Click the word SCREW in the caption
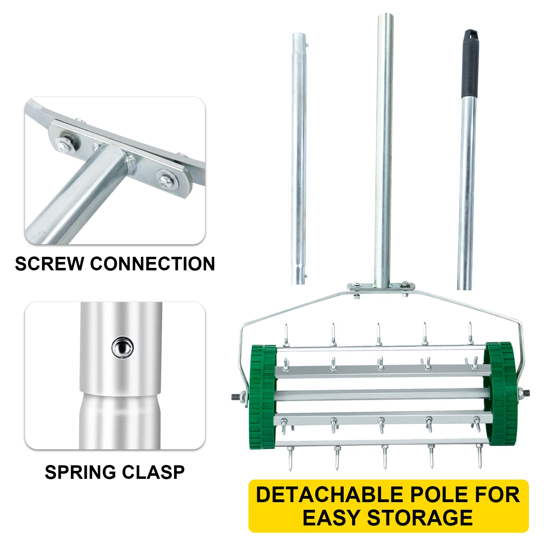[49, 264]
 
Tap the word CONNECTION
[153, 264]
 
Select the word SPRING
[80, 472]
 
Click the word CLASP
[153, 472]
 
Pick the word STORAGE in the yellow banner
[420, 518]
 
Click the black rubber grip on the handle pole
[470, 64]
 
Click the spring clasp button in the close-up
[123, 347]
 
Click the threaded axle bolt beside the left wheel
[238, 396]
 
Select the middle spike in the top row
[378, 334]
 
